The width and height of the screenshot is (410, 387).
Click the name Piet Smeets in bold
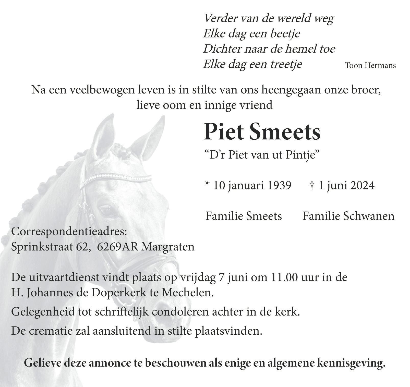pyautogui.click(x=262, y=132)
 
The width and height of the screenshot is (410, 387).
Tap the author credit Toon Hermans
pyautogui.click(x=370, y=65)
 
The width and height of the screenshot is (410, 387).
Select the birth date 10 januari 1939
pyautogui.click(x=252, y=186)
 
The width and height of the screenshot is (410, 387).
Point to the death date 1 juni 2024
pyautogui.click(x=346, y=186)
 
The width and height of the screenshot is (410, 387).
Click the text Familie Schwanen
pyautogui.click(x=348, y=216)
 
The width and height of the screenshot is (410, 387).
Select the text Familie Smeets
pyautogui.click(x=244, y=216)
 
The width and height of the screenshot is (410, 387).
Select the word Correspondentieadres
pyautogui.click(x=69, y=232)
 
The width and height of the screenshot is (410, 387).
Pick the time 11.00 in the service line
pyautogui.click(x=283, y=277)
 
